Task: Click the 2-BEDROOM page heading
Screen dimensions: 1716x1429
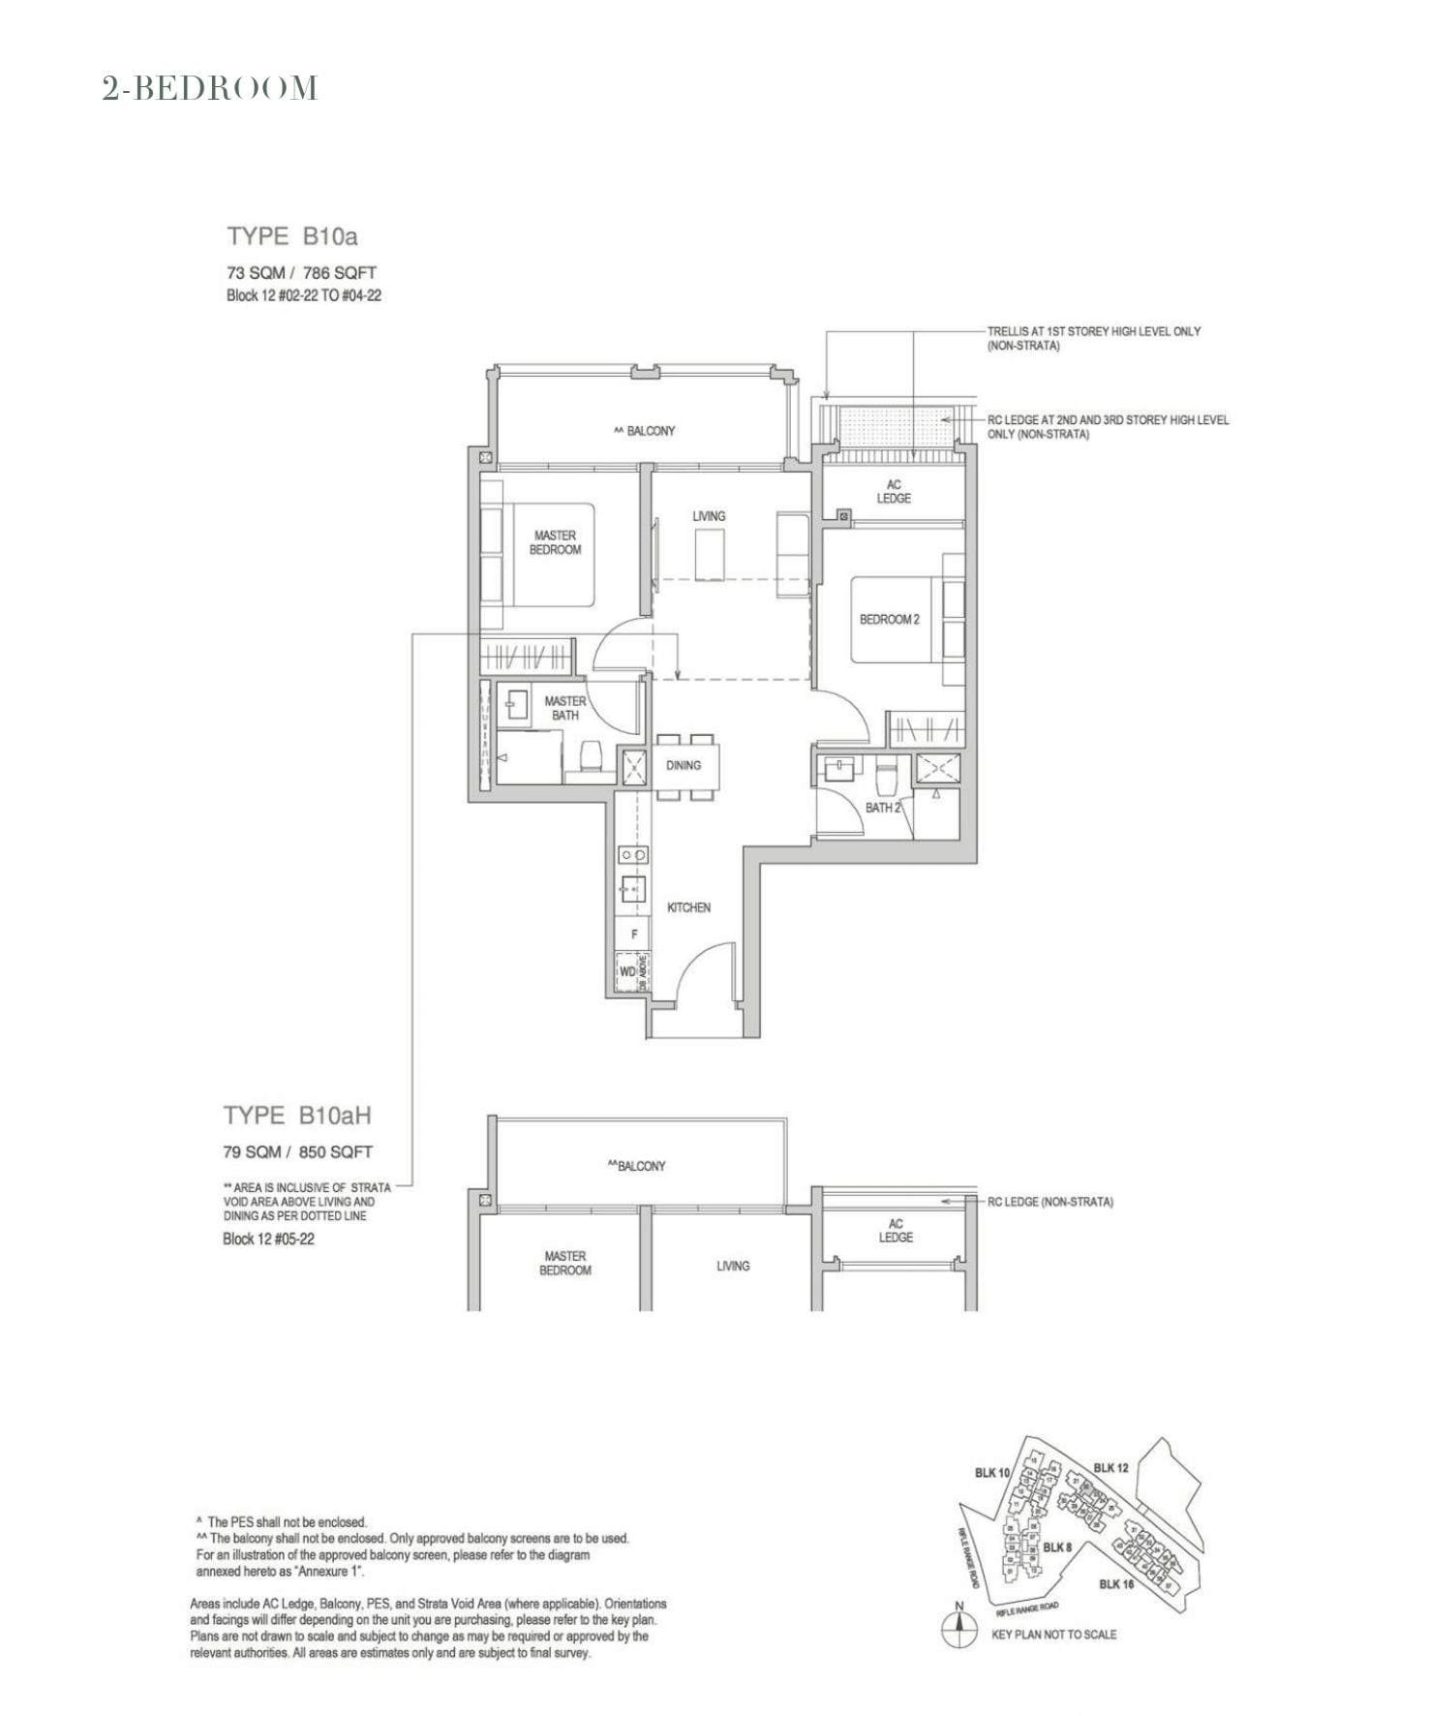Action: coord(210,88)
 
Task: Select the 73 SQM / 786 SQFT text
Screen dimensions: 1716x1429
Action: coord(301,273)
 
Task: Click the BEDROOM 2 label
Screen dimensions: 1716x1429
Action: coord(889,620)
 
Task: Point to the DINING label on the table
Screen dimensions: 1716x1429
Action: coord(684,765)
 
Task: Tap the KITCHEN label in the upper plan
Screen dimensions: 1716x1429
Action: coord(688,907)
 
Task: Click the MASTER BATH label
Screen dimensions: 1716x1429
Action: coord(564,708)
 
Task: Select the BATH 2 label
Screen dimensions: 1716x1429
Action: coord(882,807)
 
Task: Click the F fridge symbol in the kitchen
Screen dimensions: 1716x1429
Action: coord(634,935)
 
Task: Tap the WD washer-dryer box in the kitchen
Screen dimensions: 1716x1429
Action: coord(627,971)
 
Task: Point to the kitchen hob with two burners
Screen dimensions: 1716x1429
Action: coord(634,855)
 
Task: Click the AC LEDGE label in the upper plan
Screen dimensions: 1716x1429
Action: coord(894,491)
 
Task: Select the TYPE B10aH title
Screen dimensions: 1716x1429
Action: coord(297,1116)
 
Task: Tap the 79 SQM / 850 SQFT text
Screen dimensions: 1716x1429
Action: coord(298,1152)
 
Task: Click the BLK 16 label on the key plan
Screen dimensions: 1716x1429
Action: coord(1116,1584)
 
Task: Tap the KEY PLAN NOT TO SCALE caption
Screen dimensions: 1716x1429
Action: coord(1053,1635)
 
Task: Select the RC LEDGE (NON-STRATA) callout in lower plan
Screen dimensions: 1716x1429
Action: coord(1049,1202)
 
